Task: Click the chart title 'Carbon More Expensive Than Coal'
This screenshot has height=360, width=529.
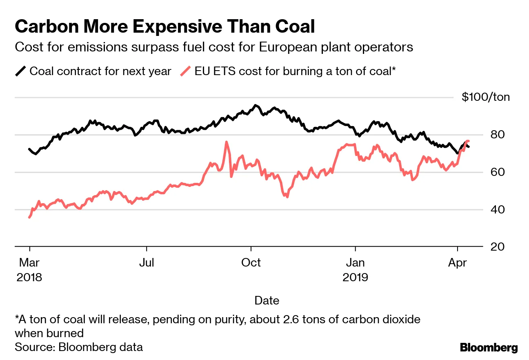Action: click(x=164, y=27)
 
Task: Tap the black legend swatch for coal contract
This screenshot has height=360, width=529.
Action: click(x=21, y=71)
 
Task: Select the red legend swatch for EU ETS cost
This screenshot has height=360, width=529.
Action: click(x=186, y=71)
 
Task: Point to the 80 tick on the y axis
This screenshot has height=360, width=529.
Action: click(x=495, y=134)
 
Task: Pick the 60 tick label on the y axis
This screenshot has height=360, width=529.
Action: click(x=495, y=172)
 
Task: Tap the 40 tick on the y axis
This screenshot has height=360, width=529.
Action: click(x=495, y=209)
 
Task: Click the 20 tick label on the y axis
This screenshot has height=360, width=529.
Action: click(x=495, y=247)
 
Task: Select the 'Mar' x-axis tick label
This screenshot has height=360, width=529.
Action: click(x=29, y=262)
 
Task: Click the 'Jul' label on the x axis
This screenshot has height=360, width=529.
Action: click(x=146, y=262)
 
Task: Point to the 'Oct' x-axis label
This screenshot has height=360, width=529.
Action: click(x=251, y=262)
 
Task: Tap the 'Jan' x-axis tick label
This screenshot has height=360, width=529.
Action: click(x=356, y=262)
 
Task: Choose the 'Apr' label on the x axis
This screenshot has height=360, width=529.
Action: click(x=458, y=262)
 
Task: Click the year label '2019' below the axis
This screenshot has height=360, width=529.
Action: click(x=356, y=278)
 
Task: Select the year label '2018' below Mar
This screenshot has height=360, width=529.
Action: click(x=29, y=278)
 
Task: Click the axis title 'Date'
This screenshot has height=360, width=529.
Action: click(x=267, y=301)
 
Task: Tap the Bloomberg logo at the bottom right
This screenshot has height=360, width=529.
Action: click(x=489, y=348)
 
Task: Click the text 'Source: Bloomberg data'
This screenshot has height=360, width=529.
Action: click(x=79, y=347)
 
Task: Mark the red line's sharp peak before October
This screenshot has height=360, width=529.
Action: click(x=226, y=142)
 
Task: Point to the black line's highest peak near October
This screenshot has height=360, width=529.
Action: click(x=256, y=105)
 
